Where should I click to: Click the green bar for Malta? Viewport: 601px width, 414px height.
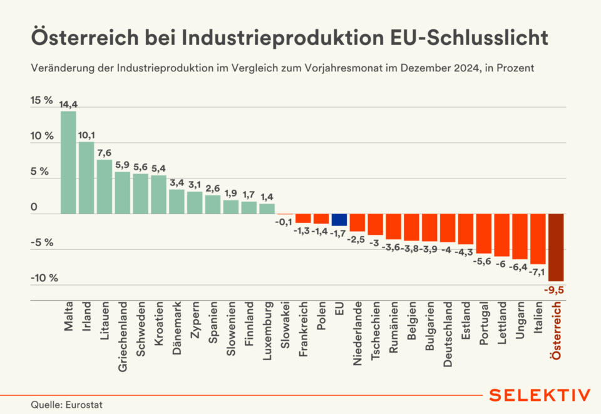click(68, 162)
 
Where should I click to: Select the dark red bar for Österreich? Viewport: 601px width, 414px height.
click(556, 247)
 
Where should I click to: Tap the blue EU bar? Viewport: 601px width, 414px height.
click(339, 220)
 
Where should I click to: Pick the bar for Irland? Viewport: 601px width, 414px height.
click(86, 178)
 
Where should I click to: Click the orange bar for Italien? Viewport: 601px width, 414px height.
click(538, 239)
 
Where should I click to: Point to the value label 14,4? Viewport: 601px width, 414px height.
click(68, 105)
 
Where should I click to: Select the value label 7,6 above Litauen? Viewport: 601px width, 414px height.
click(105, 153)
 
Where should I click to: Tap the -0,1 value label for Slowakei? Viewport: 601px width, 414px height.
click(285, 221)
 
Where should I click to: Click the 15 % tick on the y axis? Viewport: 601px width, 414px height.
click(42, 100)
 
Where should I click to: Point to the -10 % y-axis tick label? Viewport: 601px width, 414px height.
click(43, 278)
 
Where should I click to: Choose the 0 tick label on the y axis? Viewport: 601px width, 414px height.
click(34, 207)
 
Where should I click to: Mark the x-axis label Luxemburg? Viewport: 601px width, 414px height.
click(267, 332)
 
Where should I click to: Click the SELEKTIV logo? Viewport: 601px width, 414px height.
click(539, 395)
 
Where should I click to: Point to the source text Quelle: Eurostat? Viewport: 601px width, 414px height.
click(64, 405)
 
